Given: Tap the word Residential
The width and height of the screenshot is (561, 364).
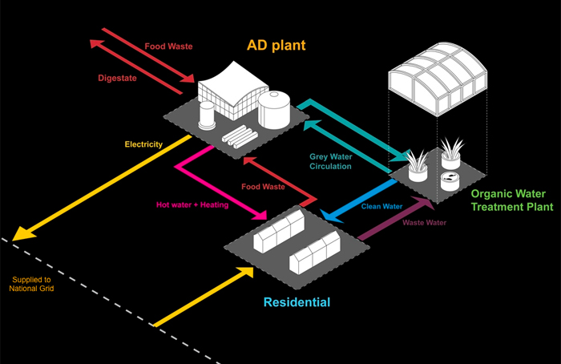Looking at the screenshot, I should click(297, 302).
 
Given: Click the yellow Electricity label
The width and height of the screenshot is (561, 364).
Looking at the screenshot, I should click(143, 144).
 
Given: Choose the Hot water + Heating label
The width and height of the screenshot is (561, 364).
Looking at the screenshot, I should click(192, 204).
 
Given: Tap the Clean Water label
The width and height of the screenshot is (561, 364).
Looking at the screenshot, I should click(381, 206).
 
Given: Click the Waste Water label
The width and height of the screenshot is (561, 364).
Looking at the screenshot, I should click(424, 222).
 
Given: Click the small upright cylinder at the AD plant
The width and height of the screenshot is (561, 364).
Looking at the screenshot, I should click(208, 119).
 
